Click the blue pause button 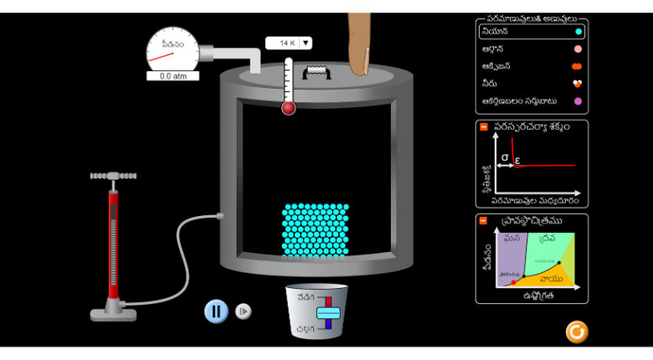[216, 311]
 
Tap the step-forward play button [243, 311]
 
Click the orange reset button [576, 332]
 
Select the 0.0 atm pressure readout [172, 76]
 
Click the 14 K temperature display [282, 43]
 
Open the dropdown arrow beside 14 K [306, 43]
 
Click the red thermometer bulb [289, 107]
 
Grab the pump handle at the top [113, 176]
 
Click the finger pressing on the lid [360, 46]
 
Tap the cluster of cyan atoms [315, 229]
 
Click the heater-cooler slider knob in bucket [327, 312]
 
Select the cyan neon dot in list [578, 32]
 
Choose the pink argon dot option [578, 49]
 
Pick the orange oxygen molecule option [577, 66]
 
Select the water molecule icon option [577, 84]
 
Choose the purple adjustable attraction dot [578, 101]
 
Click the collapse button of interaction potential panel [483, 127]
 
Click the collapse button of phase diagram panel [483, 221]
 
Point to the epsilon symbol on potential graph [517, 159]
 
